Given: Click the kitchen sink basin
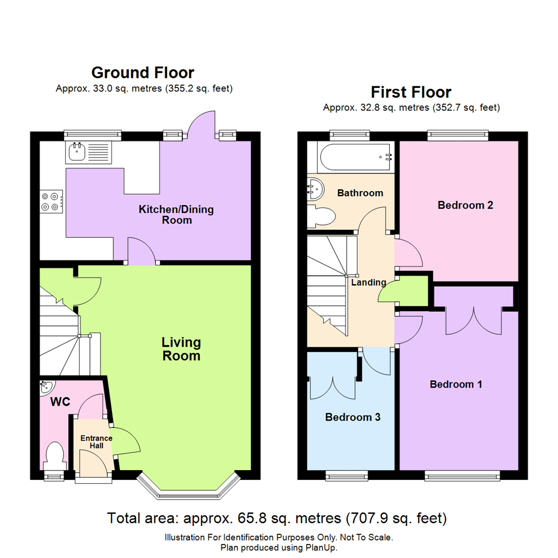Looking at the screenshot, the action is point(76,151).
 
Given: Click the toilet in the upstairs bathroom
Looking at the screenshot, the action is point(321,216).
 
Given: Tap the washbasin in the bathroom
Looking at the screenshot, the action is point(315,189).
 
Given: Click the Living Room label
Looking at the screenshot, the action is point(181,349).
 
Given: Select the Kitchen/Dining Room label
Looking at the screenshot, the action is point(176,214).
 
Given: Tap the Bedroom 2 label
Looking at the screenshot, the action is point(465,205).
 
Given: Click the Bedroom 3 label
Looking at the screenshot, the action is point(353,417).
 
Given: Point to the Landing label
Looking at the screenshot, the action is point(369,282).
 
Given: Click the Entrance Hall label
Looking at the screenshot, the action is point(96,442).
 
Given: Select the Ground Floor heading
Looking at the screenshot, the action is point(143,73).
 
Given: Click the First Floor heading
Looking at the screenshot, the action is point(411,92).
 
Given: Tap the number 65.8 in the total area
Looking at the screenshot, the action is point(252,518).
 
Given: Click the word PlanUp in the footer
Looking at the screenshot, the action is point(321,548).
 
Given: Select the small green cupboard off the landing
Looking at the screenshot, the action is point(413,291).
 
